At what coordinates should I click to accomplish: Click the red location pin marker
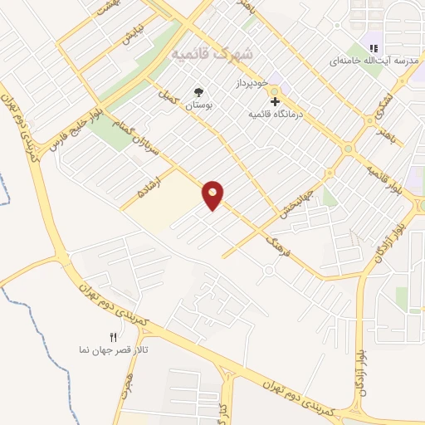coord(213,195)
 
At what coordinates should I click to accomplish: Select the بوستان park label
coord(198,105)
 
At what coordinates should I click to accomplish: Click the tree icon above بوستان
coord(198,92)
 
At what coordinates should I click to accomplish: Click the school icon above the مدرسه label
coord(374,46)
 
